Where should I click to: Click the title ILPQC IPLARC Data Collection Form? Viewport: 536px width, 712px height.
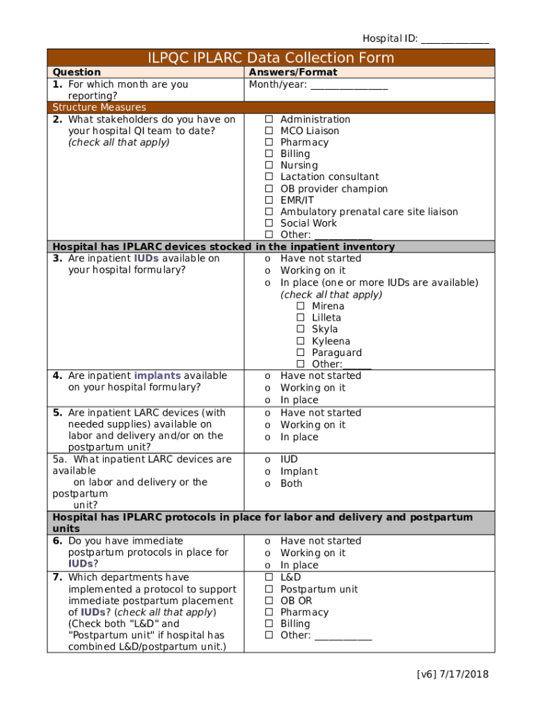[271, 58]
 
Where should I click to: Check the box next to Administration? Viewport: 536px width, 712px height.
[269, 120]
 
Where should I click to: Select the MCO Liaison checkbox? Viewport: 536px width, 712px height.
[269, 131]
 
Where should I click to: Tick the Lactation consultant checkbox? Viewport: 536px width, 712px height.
[269, 177]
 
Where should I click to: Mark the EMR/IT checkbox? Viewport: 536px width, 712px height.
[269, 200]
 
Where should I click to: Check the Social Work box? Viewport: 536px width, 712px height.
[269, 223]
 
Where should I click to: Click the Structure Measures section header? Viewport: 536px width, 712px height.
[100, 107]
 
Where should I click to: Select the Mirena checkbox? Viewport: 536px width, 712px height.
[301, 307]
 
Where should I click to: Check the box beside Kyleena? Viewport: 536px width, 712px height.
[301, 341]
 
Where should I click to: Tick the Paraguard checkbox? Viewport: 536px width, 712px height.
[301, 353]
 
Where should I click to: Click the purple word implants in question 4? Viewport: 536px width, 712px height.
[157, 375]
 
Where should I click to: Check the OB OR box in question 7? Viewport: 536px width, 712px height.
[269, 601]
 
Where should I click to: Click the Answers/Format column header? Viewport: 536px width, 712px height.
[293, 72]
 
